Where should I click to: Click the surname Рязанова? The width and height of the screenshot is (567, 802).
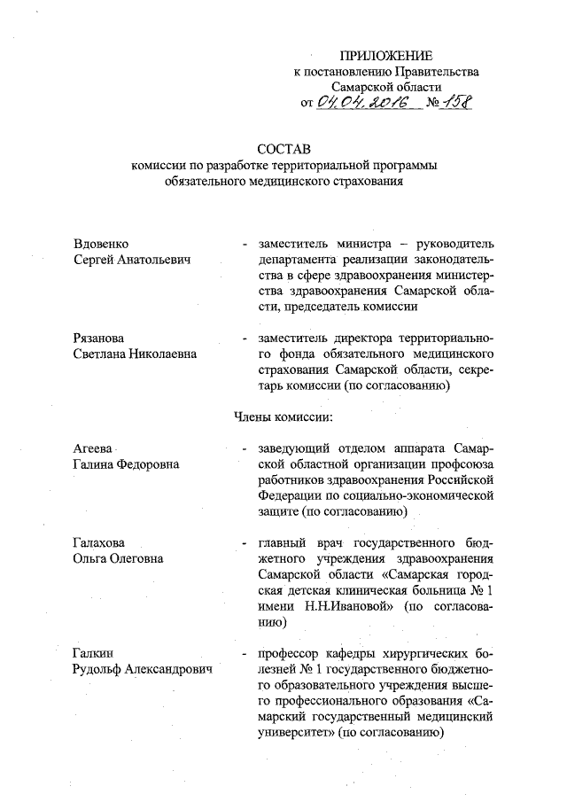pos(102,339)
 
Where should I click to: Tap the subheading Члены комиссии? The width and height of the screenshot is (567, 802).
pos(283,417)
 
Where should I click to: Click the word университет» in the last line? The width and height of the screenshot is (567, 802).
pos(296,734)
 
